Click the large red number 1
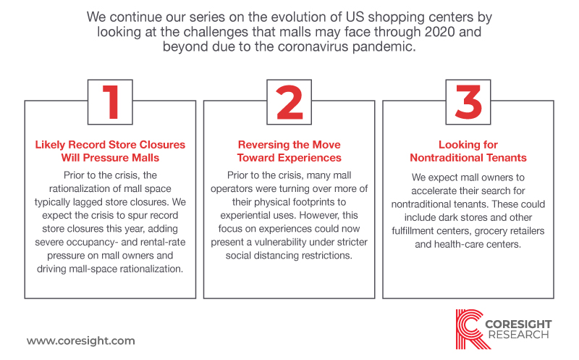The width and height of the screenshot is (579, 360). [111, 102]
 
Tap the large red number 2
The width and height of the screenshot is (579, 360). [289, 102]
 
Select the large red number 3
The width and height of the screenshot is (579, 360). [468, 102]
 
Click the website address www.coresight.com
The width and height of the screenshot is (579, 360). [81, 340]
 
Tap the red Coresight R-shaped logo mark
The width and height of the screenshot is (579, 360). [470, 329]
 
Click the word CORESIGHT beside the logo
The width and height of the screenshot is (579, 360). [518, 325]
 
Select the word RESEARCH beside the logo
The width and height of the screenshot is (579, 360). [518, 335]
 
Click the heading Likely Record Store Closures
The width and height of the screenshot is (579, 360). [110, 145]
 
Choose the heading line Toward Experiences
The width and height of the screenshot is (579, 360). [289, 158]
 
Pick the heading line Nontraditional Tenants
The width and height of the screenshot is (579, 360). [468, 158]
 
